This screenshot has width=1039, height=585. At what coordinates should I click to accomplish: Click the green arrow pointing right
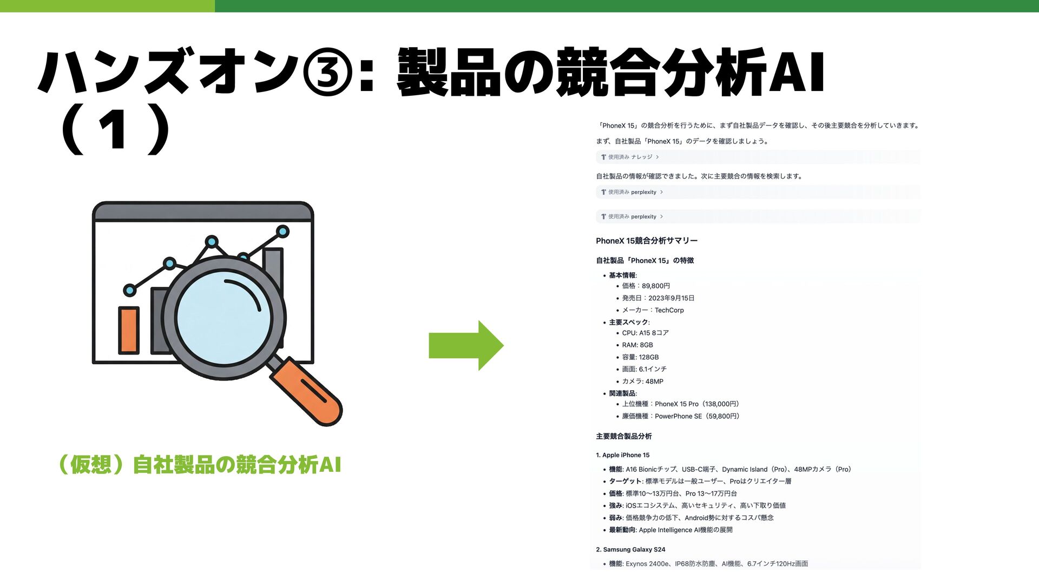[466, 345]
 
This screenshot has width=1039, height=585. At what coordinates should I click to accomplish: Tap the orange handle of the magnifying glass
[306, 390]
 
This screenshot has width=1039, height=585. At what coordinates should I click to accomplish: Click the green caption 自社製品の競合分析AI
[237, 465]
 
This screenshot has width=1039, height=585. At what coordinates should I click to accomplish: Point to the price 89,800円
[656, 286]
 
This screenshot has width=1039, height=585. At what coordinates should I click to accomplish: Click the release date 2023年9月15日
[671, 298]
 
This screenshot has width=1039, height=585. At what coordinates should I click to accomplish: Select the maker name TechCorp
[669, 310]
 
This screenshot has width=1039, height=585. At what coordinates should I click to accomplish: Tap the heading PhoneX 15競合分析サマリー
[647, 241]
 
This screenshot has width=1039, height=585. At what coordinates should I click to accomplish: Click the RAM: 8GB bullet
[637, 345]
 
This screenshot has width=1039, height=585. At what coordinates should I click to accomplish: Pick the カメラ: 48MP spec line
[642, 382]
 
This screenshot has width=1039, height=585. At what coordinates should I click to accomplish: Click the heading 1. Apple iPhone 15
[623, 455]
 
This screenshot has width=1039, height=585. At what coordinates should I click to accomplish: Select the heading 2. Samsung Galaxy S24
[630, 549]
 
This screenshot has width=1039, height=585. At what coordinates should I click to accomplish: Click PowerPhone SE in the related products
[678, 416]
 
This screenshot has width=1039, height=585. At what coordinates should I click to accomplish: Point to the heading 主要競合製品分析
[623, 436]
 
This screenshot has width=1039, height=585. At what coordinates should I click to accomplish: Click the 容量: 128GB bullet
[640, 357]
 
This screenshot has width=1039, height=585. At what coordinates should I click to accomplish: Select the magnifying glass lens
[223, 317]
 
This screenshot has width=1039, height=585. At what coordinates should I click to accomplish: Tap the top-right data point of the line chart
[282, 232]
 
